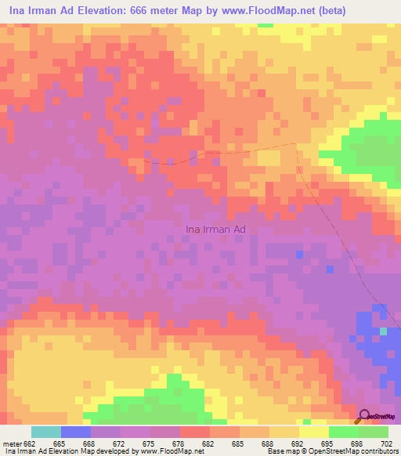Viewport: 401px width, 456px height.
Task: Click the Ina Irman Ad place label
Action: click(215, 229)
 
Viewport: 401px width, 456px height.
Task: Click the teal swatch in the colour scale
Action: click(46, 432)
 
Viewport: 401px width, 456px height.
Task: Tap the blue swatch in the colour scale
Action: click(76, 432)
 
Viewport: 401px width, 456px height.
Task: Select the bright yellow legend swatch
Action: click(314, 432)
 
